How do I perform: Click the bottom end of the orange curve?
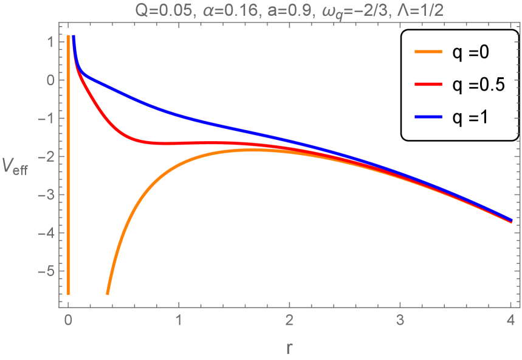click(x=108, y=294)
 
